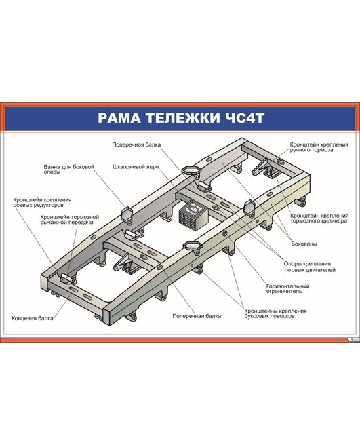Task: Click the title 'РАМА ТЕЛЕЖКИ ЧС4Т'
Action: [x=181, y=118]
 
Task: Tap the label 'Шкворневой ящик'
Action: [x=136, y=167]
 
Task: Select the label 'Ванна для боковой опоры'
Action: [x=69, y=169]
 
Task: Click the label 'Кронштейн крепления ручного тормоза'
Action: [x=319, y=147]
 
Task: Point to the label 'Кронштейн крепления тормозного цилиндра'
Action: [x=319, y=218]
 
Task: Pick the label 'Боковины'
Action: [x=304, y=244]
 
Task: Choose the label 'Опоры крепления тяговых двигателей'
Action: [x=310, y=267]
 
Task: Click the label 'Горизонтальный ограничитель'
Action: [x=287, y=288]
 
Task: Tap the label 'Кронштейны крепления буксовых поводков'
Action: [x=275, y=313]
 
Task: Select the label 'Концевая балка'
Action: [x=33, y=318]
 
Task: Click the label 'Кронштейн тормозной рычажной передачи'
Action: [x=70, y=220]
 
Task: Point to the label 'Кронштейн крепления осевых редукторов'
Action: [x=42, y=202]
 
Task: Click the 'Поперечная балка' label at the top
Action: [x=136, y=144]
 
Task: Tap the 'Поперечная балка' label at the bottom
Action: [x=197, y=316]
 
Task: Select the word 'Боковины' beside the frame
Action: [x=304, y=244]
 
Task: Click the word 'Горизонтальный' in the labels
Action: [x=287, y=286]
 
